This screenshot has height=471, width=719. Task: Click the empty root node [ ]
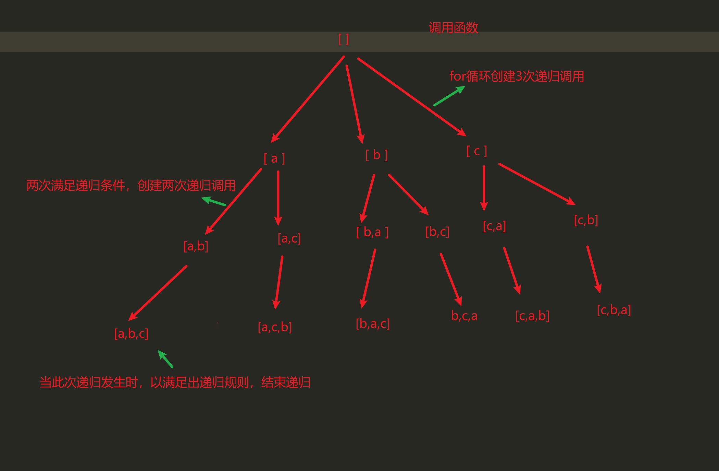(344, 39)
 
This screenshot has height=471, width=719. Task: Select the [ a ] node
(274, 158)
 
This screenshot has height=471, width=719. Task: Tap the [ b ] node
(376, 155)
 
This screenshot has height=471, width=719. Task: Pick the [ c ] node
(476, 151)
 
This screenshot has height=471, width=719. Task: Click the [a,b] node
(196, 246)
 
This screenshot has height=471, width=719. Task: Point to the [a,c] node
(289, 238)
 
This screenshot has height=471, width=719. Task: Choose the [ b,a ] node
(372, 232)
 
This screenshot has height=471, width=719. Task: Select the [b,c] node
(437, 232)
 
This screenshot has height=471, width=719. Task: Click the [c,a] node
(494, 226)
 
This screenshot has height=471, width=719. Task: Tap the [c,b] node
(586, 220)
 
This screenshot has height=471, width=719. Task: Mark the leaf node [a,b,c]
(131, 333)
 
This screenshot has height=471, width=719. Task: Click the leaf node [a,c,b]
(275, 327)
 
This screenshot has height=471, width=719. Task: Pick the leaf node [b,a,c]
(373, 323)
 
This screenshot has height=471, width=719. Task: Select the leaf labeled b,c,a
(464, 316)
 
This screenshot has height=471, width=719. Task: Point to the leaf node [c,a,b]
(532, 316)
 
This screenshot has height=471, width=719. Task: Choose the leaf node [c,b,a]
(614, 310)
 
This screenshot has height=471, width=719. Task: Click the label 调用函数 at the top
(453, 28)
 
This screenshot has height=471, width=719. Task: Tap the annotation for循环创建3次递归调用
(517, 76)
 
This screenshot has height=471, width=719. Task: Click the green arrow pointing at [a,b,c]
(165, 359)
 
